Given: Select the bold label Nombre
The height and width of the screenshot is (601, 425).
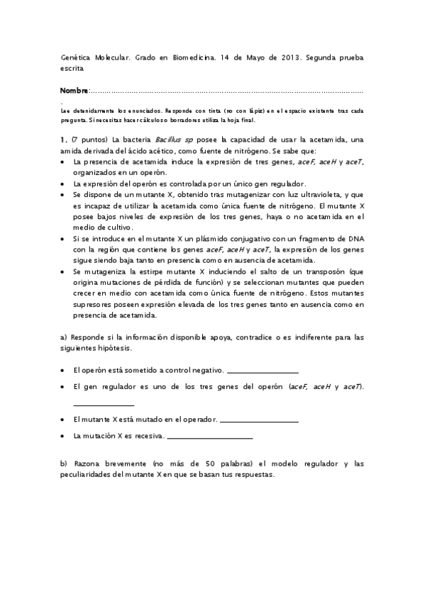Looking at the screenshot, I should click(74, 91).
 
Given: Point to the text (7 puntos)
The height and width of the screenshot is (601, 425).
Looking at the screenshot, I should click(89, 139).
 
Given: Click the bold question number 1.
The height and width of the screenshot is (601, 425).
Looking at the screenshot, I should click(64, 139).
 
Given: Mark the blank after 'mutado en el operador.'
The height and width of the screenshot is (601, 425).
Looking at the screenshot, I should click(259, 422).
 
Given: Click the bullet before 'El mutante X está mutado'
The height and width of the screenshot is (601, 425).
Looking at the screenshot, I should click(64, 420).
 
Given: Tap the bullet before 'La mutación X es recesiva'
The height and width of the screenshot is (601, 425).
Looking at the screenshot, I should click(64, 435).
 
